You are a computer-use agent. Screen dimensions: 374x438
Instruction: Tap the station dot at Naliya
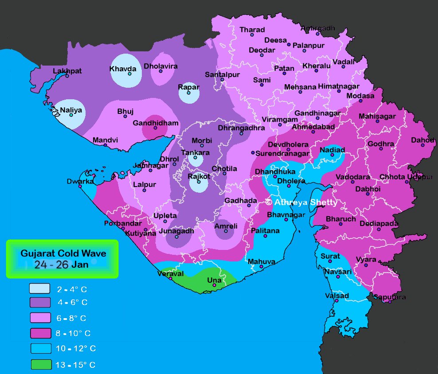(x=71, y=115)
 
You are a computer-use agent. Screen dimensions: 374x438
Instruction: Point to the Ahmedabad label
(x=313, y=127)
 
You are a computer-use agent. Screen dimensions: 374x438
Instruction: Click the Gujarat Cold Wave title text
(x=63, y=254)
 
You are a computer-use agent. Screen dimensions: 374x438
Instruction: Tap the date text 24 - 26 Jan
(x=62, y=265)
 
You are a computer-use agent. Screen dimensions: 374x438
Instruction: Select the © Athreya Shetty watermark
(x=301, y=202)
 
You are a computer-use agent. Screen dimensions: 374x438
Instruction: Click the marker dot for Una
(x=214, y=286)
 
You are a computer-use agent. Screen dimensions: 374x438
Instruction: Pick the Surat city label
(x=330, y=256)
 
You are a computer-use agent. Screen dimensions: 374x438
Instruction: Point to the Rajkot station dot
(x=199, y=182)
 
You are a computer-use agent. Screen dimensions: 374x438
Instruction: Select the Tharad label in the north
(x=252, y=30)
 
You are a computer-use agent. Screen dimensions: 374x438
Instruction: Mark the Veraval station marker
(x=170, y=279)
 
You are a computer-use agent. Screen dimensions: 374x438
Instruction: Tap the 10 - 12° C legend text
(x=76, y=349)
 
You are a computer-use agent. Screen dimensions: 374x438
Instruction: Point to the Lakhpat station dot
(x=67, y=76)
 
